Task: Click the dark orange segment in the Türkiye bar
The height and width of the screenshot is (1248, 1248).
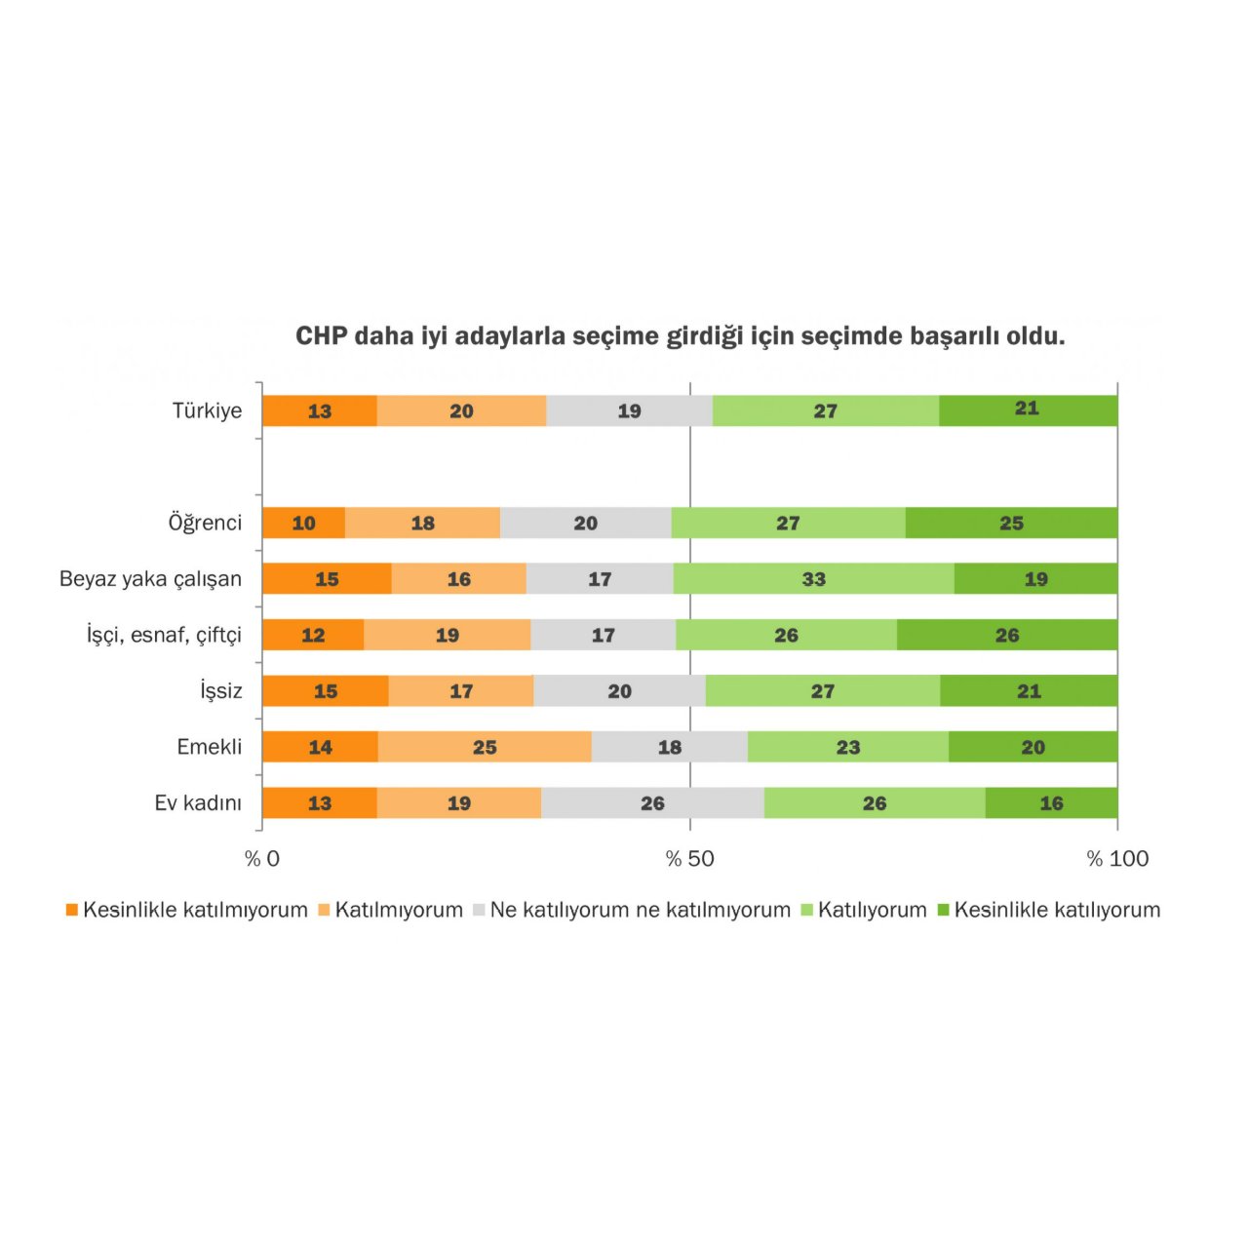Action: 320,410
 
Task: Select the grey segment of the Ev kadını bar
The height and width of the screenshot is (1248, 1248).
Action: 652,802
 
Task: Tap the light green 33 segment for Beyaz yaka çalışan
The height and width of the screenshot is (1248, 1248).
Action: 813,578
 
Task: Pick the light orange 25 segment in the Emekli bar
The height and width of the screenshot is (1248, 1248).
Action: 485,747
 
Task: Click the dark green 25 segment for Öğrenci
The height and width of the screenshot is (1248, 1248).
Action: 1011,523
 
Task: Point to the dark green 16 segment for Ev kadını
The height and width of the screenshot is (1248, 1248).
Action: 1051,802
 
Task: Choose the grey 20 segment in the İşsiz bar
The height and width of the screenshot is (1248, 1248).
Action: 619,690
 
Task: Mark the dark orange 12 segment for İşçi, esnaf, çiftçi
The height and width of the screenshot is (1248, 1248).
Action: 313,635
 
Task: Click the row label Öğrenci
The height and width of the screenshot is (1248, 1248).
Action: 205,523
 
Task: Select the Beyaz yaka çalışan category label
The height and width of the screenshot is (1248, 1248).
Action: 150,578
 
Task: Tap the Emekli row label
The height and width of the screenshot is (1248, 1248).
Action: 209,747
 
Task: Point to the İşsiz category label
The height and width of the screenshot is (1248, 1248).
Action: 220,690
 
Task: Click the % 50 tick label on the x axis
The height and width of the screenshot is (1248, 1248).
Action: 689,859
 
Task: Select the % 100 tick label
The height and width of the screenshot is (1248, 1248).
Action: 1117,859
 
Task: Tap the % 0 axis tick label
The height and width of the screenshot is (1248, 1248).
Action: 261,859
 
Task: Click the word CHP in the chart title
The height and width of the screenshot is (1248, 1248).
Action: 321,336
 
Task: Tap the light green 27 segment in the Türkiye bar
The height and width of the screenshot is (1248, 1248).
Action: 825,410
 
